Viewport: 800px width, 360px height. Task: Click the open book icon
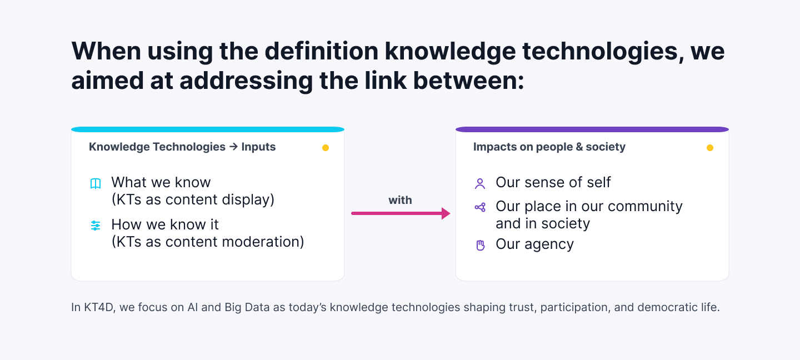96,183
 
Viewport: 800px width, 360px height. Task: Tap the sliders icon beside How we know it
96,226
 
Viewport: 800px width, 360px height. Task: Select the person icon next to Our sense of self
480,183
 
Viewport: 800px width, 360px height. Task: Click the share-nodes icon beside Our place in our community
480,207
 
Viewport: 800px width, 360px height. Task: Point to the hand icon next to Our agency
481,246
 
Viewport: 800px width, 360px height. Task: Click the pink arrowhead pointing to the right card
446,213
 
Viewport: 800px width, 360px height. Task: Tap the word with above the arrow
400,200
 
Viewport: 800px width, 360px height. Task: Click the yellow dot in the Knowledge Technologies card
326,148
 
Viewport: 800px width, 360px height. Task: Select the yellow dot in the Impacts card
710,148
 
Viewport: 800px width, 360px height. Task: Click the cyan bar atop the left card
208,129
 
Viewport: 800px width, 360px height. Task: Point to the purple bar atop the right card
592,129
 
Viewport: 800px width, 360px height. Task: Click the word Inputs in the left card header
258,147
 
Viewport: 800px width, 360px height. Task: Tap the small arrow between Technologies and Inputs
233,147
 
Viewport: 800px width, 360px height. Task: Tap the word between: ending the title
468,81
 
